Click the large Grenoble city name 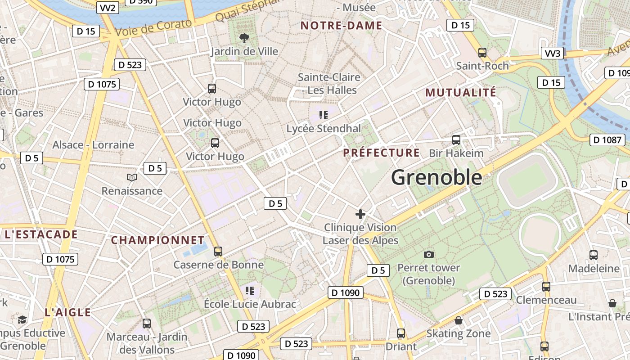[x=436, y=177]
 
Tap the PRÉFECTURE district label [x=382, y=153]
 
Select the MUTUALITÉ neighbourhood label [x=461, y=93]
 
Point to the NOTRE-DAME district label [x=341, y=26]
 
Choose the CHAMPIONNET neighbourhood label [x=157, y=240]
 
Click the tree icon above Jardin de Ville [x=244, y=38]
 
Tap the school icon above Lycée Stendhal [x=323, y=115]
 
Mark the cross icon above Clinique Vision [x=360, y=214]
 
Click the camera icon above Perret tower [x=429, y=254]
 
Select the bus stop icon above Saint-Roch [x=482, y=52]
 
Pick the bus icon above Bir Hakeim [x=456, y=139]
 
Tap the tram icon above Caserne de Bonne [x=218, y=251]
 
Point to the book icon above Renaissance [x=132, y=178]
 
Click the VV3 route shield [x=552, y=54]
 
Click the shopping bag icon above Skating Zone [x=458, y=320]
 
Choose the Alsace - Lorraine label [x=93, y=145]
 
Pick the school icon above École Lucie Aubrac [x=250, y=291]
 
